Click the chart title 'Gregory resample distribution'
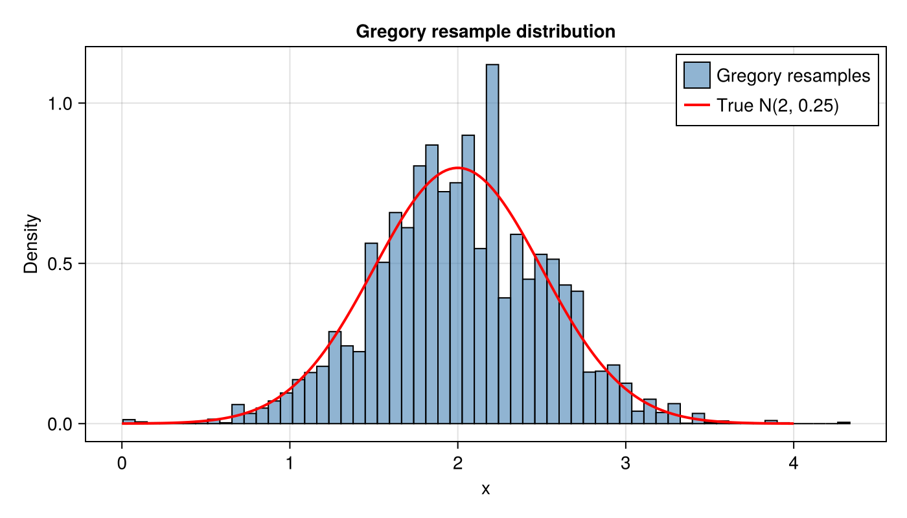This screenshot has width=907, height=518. click(485, 31)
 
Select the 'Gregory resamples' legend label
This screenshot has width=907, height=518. click(793, 76)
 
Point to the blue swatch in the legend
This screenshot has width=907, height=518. click(697, 75)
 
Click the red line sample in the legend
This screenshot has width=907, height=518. click(697, 105)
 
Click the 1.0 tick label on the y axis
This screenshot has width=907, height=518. click(63, 104)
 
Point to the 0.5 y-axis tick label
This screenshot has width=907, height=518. click(63, 264)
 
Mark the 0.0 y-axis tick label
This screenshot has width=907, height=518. click(63, 424)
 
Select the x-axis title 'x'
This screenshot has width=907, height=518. click(485, 490)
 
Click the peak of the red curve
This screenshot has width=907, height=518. click(458, 168)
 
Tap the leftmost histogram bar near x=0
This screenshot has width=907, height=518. click(128, 422)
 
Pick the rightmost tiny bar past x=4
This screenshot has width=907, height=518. click(844, 423)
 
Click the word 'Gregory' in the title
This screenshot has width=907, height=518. click(387, 31)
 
